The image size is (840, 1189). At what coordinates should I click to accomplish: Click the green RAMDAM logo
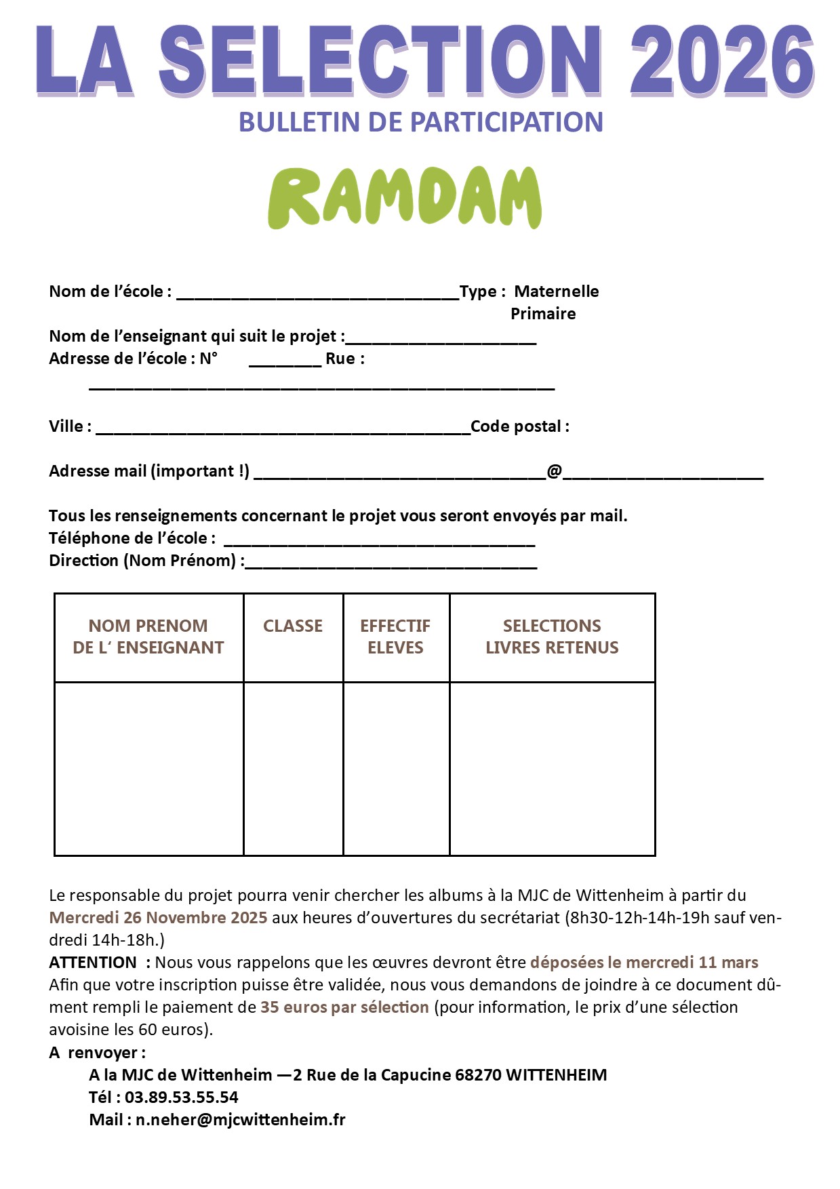click(x=405, y=197)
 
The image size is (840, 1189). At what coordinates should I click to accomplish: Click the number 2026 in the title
click(x=721, y=61)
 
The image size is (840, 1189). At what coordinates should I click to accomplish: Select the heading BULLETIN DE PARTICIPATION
click(x=420, y=123)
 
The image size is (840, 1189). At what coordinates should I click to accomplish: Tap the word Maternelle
click(x=556, y=291)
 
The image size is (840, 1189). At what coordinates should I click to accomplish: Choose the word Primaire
click(x=543, y=314)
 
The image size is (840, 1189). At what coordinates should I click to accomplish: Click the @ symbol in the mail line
click(x=554, y=471)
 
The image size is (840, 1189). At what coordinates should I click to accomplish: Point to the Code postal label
click(x=519, y=426)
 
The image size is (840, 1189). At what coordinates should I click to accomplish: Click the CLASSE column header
click(x=293, y=626)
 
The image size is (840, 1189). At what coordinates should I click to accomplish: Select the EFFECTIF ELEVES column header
click(x=395, y=637)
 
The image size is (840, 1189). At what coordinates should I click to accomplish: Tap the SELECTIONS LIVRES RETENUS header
click(x=552, y=637)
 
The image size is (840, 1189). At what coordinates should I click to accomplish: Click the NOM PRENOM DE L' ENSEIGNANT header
click(x=148, y=637)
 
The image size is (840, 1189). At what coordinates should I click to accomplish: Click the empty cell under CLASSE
click(x=293, y=768)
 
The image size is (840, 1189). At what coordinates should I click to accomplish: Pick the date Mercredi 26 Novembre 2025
click(x=158, y=918)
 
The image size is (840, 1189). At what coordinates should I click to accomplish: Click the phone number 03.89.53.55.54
click(x=181, y=1097)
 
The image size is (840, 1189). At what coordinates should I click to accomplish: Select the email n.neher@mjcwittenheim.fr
click(x=240, y=1120)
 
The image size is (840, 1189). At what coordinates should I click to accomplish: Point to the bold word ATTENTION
click(x=93, y=963)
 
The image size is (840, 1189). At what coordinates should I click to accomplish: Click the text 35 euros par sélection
click(x=344, y=1007)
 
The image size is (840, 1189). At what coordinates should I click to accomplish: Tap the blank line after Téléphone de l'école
click(x=379, y=543)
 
